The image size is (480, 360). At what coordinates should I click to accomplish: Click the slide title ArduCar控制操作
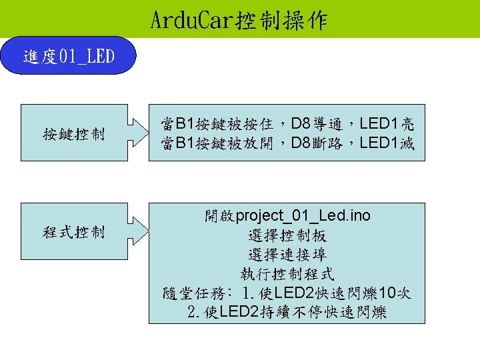(x=239, y=20)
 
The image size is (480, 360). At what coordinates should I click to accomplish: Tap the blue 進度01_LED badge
(x=69, y=57)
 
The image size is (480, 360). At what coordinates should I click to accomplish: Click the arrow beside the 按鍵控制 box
(x=138, y=133)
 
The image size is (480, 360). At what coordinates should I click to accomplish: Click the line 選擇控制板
(x=287, y=235)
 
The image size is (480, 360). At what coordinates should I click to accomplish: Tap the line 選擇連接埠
(x=287, y=255)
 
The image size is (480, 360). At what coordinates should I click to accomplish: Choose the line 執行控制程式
(x=287, y=274)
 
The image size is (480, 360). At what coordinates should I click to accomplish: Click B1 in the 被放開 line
(x=183, y=142)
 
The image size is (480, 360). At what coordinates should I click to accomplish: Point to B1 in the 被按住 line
(x=183, y=123)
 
